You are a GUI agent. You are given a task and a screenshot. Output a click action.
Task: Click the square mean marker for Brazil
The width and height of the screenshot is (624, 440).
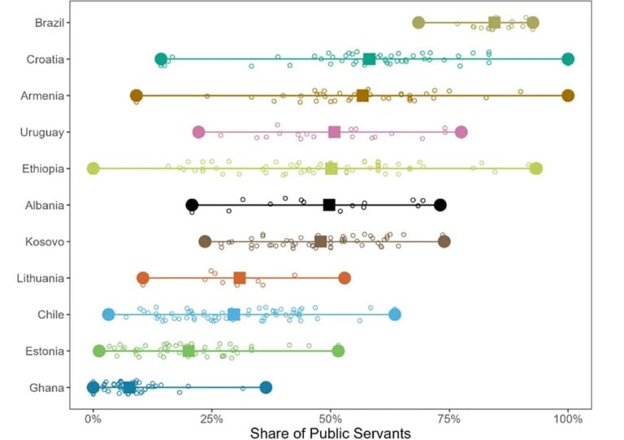[494, 23]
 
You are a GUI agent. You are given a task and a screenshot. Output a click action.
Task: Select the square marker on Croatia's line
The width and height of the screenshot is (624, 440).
[370, 59]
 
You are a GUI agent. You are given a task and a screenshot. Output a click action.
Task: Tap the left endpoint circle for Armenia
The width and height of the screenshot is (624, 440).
[136, 95]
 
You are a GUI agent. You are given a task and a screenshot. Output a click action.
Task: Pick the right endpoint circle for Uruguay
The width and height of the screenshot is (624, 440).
[461, 132]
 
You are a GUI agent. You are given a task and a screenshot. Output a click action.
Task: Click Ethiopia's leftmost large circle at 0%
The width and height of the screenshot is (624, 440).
[93, 168]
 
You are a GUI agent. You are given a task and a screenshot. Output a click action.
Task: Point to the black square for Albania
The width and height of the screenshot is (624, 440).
[329, 205]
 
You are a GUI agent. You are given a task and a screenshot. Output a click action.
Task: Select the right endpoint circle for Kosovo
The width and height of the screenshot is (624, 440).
[444, 242]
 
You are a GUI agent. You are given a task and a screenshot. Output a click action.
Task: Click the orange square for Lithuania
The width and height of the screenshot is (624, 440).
[240, 278]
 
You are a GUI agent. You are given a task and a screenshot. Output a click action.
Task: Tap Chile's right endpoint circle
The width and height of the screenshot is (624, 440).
[395, 315]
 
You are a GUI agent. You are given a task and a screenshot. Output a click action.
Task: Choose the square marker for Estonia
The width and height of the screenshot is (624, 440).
[188, 351]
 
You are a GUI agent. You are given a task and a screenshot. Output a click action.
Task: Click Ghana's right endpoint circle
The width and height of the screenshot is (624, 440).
[266, 387]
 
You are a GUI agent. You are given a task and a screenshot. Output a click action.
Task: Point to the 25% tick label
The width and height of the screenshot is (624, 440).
[211, 419]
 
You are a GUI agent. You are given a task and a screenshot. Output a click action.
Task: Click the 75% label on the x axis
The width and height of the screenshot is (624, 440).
[448, 419]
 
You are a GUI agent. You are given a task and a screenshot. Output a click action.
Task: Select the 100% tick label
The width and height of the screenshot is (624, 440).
[568, 419]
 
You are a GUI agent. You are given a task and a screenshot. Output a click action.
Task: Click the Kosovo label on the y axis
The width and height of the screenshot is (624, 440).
[45, 242]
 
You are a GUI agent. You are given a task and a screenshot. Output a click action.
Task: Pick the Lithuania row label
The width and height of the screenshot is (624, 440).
[41, 278]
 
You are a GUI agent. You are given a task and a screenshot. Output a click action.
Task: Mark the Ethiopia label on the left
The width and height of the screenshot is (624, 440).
[42, 168]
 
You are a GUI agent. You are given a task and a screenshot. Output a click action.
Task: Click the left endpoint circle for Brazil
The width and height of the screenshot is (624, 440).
[418, 23]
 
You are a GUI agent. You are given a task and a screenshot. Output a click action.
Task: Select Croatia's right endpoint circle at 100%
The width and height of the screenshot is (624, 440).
[568, 59]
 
